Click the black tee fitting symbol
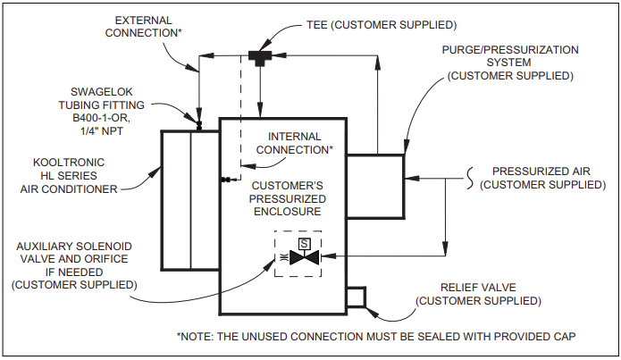coord(260,57)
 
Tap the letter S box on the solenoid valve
coord(304,244)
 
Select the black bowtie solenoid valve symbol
coord(304,257)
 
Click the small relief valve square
coord(356,297)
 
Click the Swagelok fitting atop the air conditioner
coord(199,126)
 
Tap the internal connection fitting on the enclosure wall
coord(227,180)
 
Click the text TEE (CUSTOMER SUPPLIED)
coord(382,25)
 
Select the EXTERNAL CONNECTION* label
coord(143,27)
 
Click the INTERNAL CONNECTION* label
coord(295,143)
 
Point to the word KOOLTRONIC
coord(69,163)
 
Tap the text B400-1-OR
coord(101,118)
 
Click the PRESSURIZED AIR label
coord(541,172)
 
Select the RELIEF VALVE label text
coord(478,288)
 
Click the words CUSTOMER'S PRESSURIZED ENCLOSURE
coord(288,198)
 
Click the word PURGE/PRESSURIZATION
coord(510,50)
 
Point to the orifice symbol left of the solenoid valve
coord(282,258)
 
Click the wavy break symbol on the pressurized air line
coord(470,179)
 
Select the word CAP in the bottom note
coord(565,337)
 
